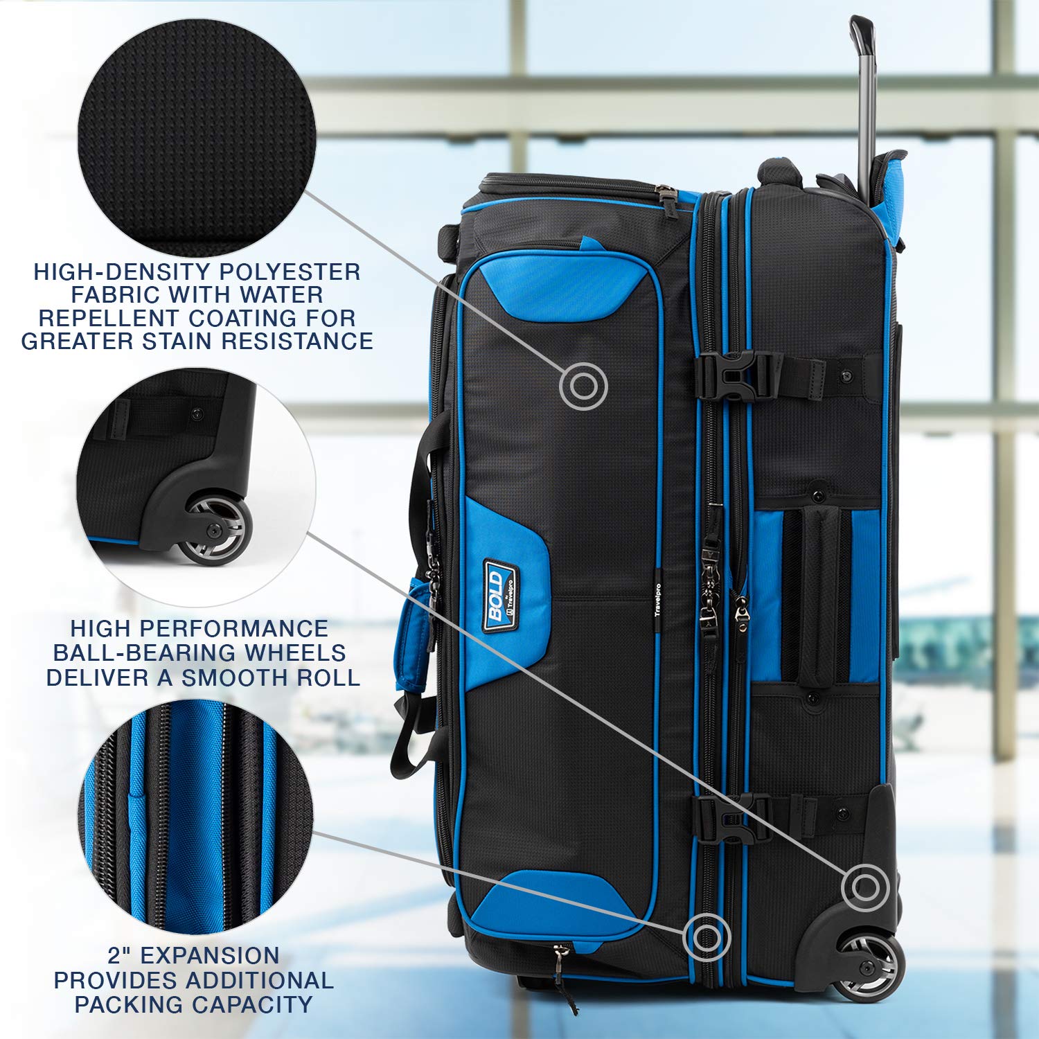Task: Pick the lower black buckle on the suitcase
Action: coord(733,817)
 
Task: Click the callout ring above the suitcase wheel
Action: coord(865,887)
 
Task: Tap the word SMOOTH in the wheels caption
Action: coord(233,677)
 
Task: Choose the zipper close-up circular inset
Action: coord(197,816)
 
